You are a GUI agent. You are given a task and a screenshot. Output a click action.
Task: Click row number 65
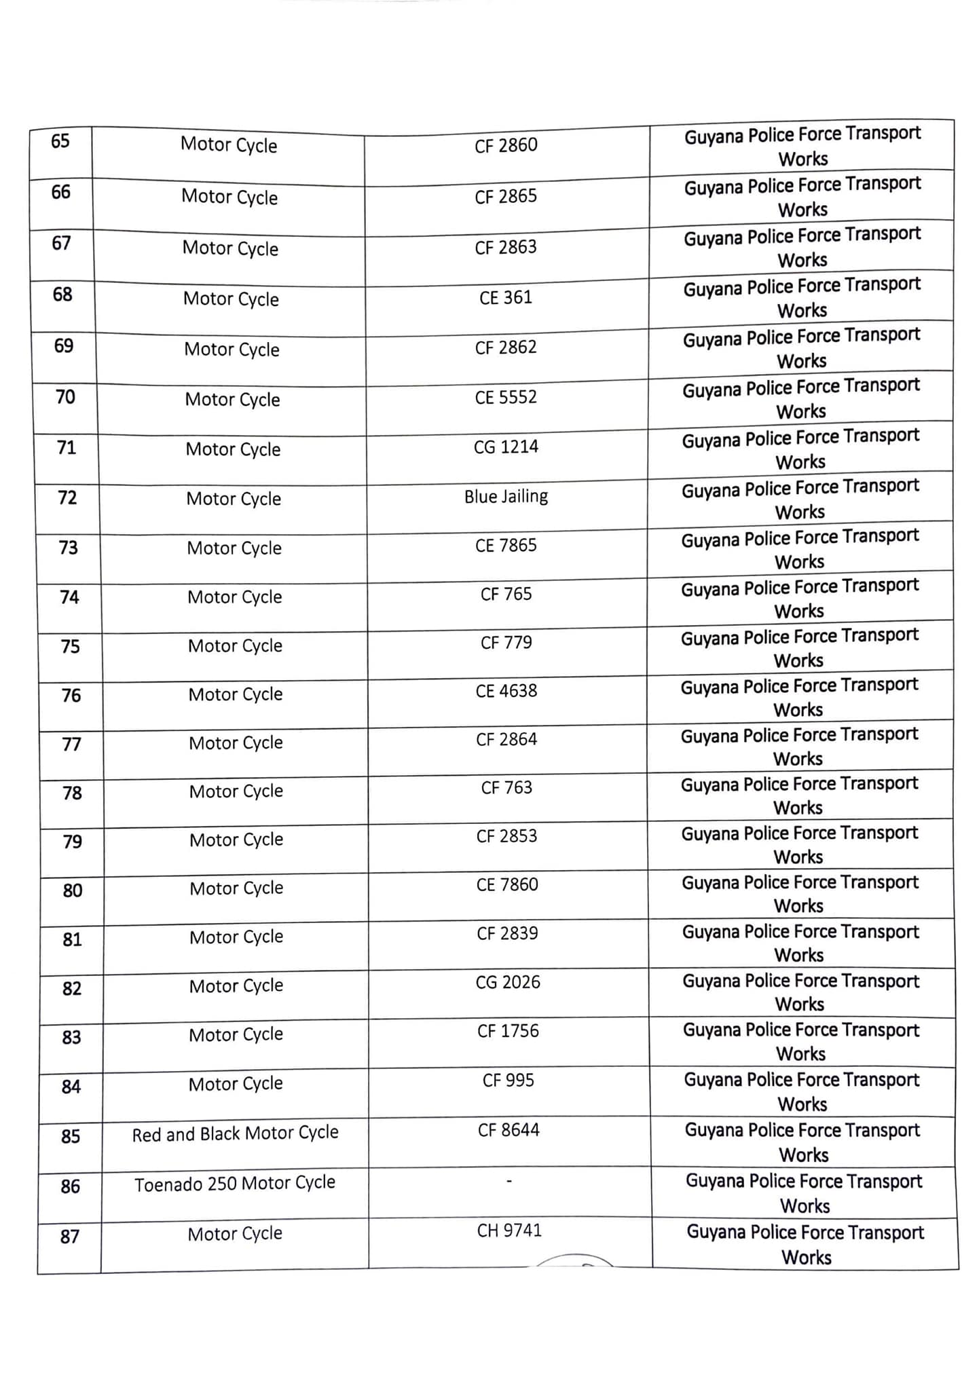coord(60,141)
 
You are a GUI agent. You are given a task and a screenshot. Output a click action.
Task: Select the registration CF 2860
coord(506,145)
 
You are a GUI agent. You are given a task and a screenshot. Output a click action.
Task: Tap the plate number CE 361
coord(506,298)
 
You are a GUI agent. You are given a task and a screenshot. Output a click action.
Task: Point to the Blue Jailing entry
coord(506,497)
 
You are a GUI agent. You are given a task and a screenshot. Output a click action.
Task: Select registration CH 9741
coord(509,1231)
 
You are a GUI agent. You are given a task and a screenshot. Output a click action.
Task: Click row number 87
coord(70,1237)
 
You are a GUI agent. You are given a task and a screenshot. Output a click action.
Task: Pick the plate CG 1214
coord(506,447)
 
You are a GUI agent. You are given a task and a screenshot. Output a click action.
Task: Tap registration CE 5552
coord(506,397)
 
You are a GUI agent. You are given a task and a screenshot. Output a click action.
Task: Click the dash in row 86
coord(509,1182)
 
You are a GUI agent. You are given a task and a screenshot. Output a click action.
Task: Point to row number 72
coord(67,498)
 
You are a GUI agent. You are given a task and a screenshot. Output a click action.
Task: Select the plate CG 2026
coord(508,982)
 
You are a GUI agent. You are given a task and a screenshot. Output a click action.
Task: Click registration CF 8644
coord(509,1130)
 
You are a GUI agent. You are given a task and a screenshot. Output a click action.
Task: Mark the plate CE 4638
coord(506,691)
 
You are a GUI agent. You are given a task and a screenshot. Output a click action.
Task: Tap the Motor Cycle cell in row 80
coord(236,888)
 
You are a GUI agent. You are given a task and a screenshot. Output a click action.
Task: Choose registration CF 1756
coord(508,1031)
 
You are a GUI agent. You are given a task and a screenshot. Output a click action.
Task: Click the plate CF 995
coord(509,1080)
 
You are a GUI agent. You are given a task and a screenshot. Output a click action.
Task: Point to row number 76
coord(71,696)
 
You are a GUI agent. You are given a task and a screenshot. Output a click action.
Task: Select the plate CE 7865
coord(506,546)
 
